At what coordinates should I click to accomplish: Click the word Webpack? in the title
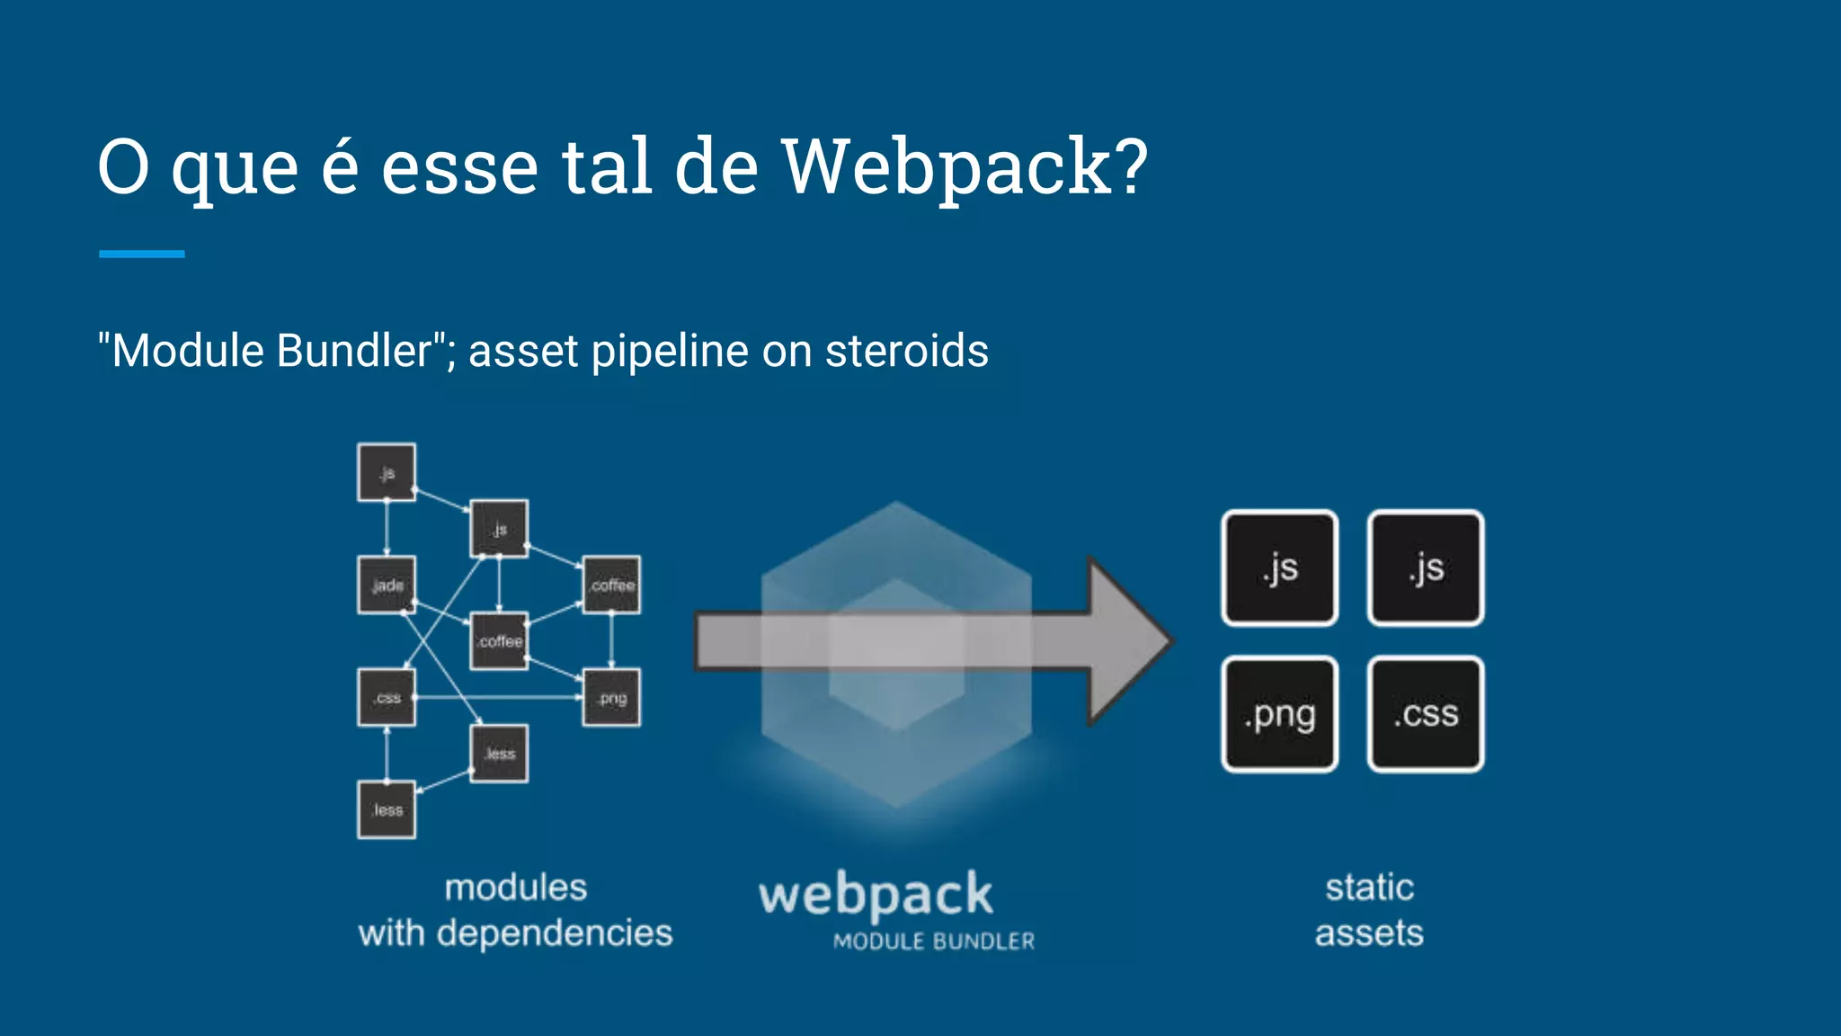[x=964, y=167]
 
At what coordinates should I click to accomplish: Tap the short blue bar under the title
[x=141, y=255]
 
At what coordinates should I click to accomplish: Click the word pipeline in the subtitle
[x=669, y=351]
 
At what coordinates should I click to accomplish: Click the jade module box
[x=387, y=585]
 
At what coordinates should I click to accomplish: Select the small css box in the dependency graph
[x=387, y=697]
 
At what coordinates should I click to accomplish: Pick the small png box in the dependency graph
[x=612, y=698]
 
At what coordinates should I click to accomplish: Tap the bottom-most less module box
[x=387, y=809]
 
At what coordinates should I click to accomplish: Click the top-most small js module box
[x=387, y=472]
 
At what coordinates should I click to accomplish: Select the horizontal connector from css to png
[x=499, y=697]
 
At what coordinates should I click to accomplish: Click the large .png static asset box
[x=1279, y=714]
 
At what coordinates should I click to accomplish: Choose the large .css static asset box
[x=1426, y=714]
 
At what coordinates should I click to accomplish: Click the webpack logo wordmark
[x=876, y=896]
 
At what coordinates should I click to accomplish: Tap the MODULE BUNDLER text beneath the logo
[x=933, y=942]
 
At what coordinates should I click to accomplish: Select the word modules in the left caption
[x=515, y=888]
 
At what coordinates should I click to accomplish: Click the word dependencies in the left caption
[x=554, y=933]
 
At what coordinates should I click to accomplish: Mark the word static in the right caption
[x=1369, y=888]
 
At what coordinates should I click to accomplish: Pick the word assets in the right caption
[x=1369, y=933]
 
